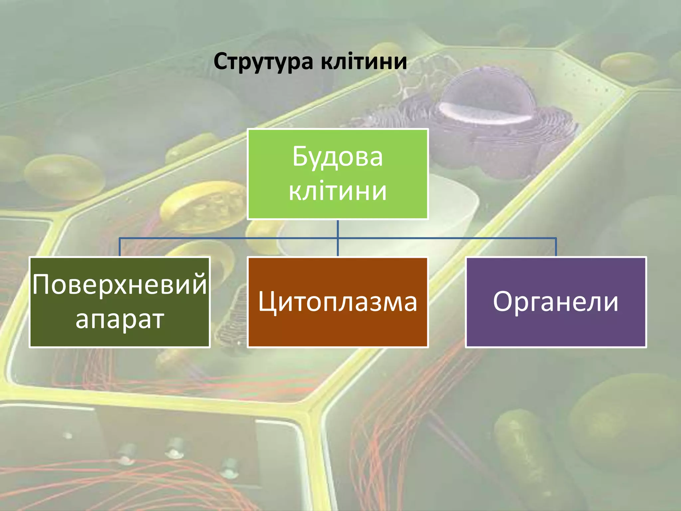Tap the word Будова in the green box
tap(338, 156)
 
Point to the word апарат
tap(120, 320)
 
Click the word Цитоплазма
tap(338, 302)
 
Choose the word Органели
tap(556, 302)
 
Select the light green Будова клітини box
tap(338, 174)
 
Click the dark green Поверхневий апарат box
tap(120, 302)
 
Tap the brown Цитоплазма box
tap(338, 302)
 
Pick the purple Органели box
tap(556, 302)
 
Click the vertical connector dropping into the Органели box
tap(556, 247)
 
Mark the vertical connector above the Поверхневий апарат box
tap(120, 247)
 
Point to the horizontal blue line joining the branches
tap(338, 238)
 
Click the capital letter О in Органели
tap(503, 301)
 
